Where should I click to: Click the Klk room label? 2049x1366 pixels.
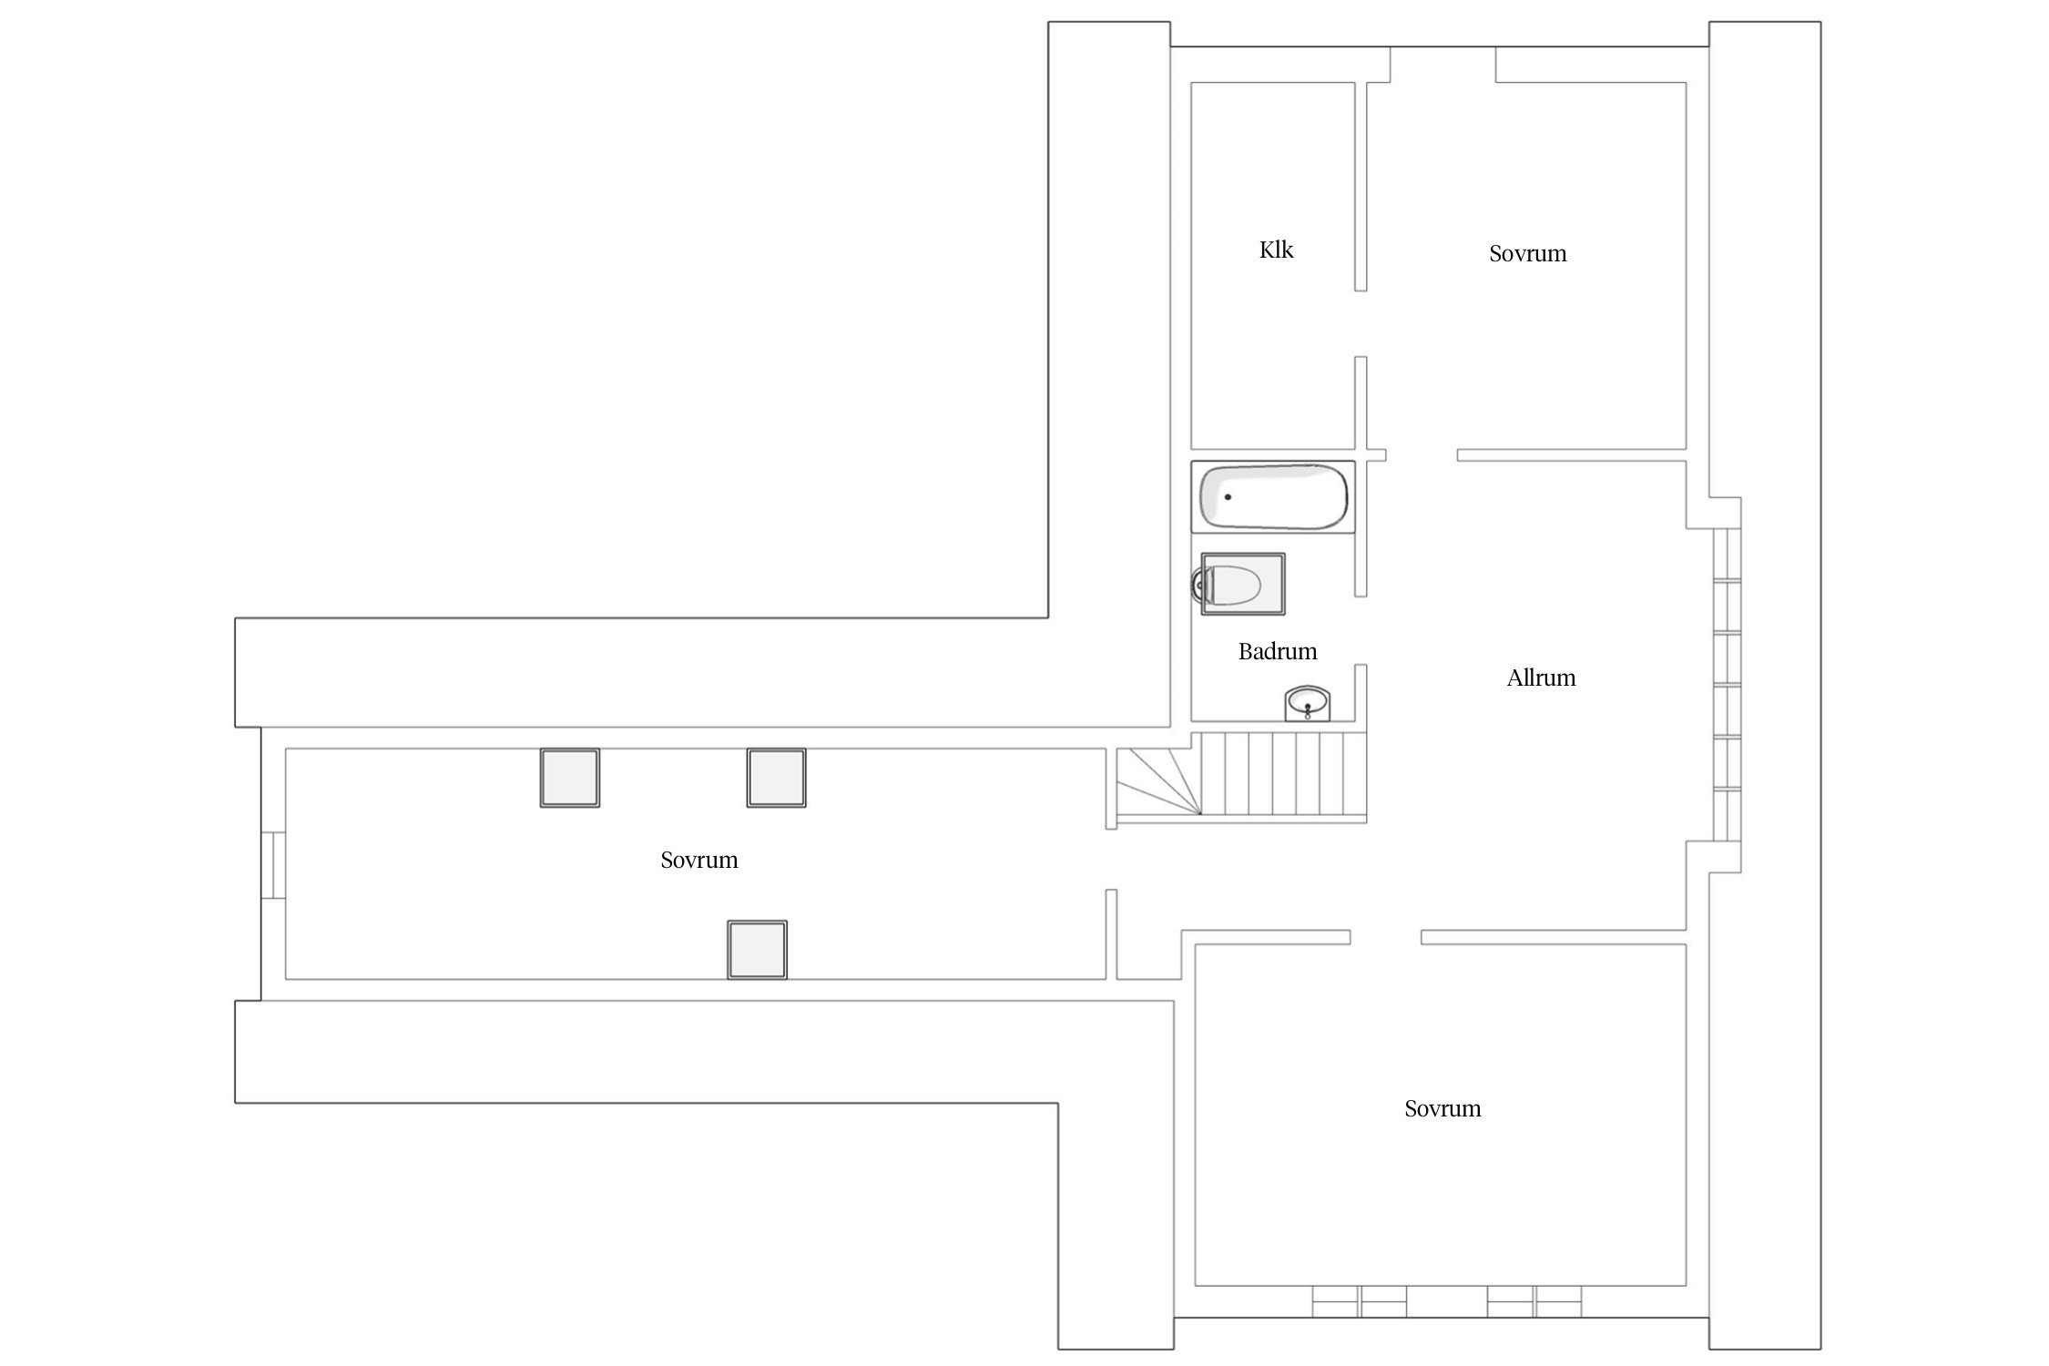(1276, 250)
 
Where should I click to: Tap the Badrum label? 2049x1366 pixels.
(1278, 651)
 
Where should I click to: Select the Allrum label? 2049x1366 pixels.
(1541, 678)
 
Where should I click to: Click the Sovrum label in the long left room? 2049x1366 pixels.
(699, 860)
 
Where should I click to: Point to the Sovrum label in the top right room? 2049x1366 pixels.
(1528, 253)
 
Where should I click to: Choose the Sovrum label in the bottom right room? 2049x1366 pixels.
(1442, 1108)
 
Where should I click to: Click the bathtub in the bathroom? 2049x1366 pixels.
(1273, 496)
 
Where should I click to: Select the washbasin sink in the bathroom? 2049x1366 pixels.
(1309, 704)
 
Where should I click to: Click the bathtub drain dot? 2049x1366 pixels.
(1228, 497)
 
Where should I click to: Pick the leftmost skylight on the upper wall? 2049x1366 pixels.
(570, 778)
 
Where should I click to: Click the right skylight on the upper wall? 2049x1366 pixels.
(776, 778)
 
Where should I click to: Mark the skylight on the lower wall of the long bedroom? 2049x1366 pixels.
(757, 950)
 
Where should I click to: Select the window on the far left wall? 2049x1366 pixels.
(273, 865)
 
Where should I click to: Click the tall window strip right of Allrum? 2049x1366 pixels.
(1727, 685)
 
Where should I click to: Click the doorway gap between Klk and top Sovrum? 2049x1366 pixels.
(1361, 323)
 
